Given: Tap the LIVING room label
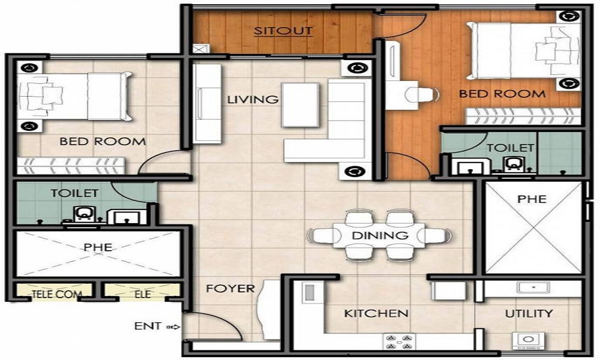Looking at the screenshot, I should (x=253, y=100).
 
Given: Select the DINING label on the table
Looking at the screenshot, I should (x=380, y=235).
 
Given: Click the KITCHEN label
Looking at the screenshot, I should (x=376, y=313).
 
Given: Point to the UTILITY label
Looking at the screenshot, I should (x=529, y=313).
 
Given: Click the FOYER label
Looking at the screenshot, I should (x=230, y=289).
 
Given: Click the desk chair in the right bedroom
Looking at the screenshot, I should (x=420, y=95).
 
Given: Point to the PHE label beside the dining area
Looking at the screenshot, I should (x=532, y=199).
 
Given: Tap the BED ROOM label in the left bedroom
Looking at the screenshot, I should (x=102, y=142).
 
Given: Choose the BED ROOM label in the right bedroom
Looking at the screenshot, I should (x=502, y=94).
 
